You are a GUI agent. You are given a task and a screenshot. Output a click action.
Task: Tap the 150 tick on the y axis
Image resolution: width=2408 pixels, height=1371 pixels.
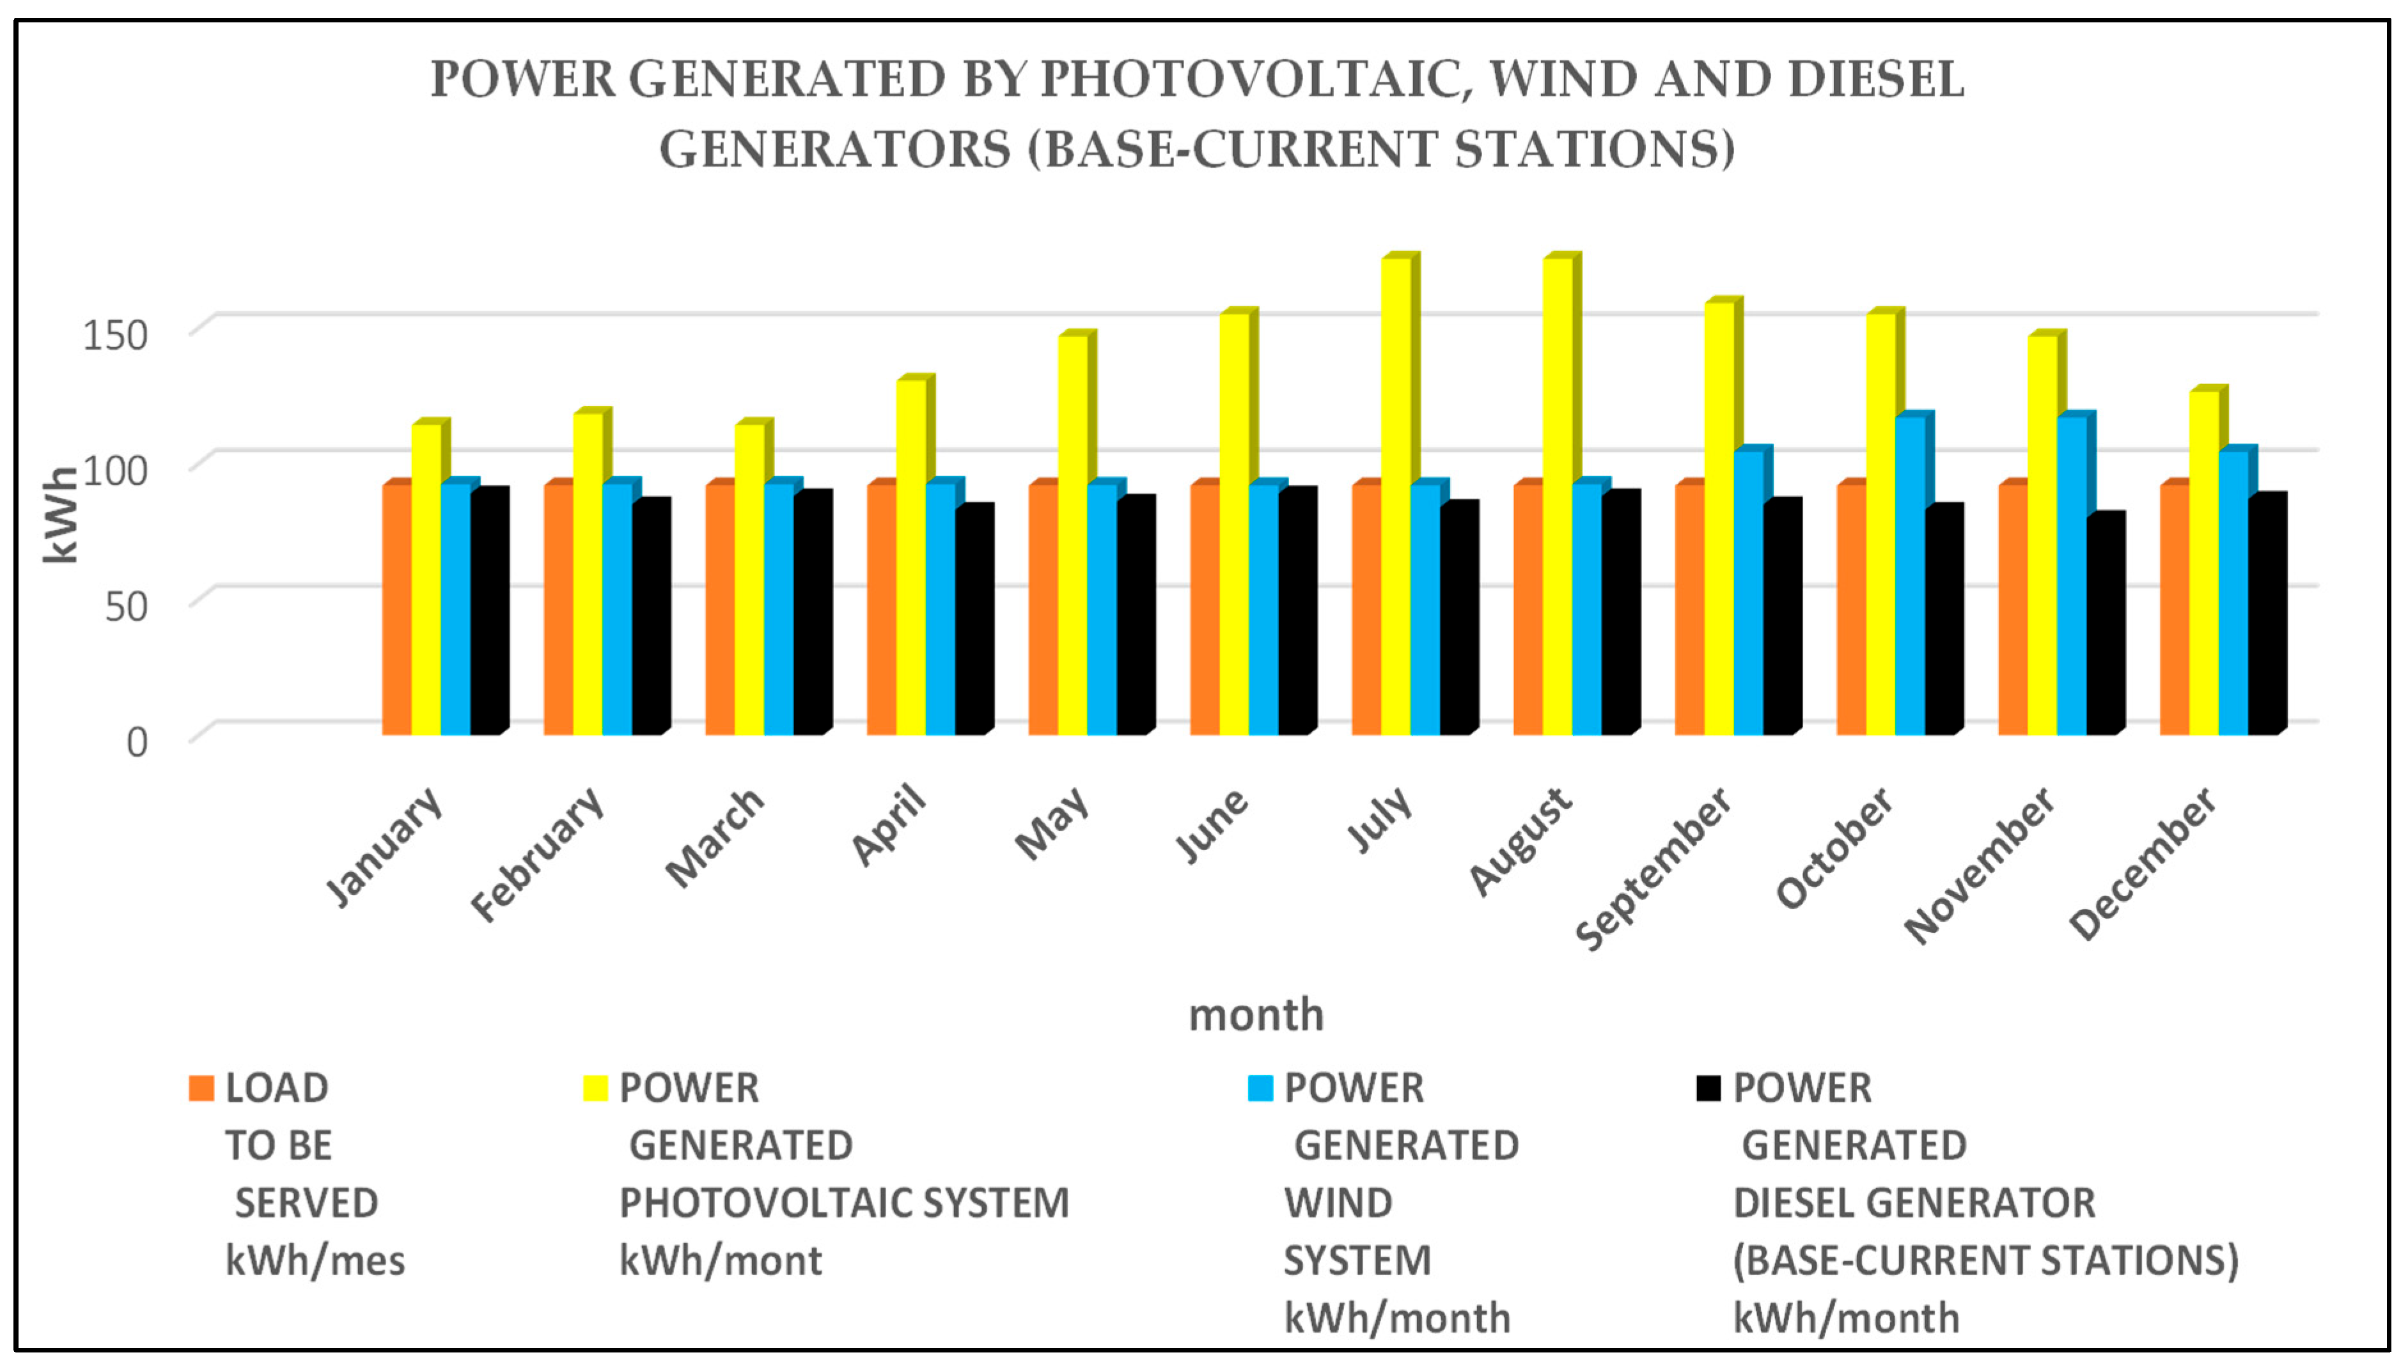coord(115,335)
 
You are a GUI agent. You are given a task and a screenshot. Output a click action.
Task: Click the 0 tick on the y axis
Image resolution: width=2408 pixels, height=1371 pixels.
coord(137,743)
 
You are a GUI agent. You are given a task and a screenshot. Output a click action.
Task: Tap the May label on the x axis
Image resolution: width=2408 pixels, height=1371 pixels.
coord(1053,823)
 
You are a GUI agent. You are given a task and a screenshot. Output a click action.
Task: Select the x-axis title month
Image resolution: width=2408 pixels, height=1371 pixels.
coord(1255,1015)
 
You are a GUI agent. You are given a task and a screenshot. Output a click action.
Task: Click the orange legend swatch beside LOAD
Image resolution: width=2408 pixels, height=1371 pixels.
coord(201,1088)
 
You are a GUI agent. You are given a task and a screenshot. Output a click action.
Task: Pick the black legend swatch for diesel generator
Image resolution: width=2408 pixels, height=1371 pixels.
coord(1707,1088)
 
